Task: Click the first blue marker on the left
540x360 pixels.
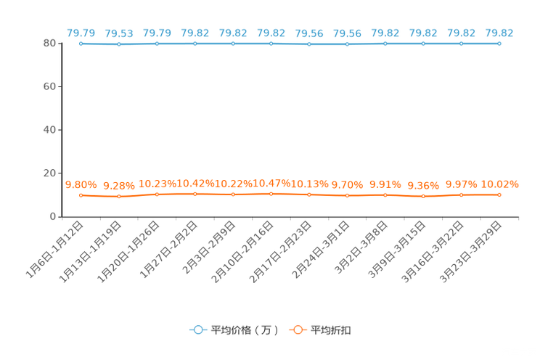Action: [81, 44]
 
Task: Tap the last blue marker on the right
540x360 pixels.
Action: [499, 44]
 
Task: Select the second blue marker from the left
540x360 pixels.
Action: [119, 44]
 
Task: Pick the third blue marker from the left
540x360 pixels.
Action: [157, 44]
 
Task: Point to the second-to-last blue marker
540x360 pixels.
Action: [461, 44]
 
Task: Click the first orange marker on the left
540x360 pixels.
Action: [81, 196]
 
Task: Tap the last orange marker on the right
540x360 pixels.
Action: [499, 195]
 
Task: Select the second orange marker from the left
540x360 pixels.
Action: [119, 197]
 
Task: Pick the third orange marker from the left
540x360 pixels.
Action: [157, 195]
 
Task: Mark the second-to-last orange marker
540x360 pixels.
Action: [461, 195]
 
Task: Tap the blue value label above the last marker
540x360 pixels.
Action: [500, 33]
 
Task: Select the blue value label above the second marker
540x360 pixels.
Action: [119, 33]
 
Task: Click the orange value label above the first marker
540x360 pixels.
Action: [81, 185]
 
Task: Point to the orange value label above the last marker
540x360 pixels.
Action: [502, 184]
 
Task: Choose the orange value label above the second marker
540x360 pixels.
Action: [118, 187]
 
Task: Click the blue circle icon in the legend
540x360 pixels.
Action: [197, 330]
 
